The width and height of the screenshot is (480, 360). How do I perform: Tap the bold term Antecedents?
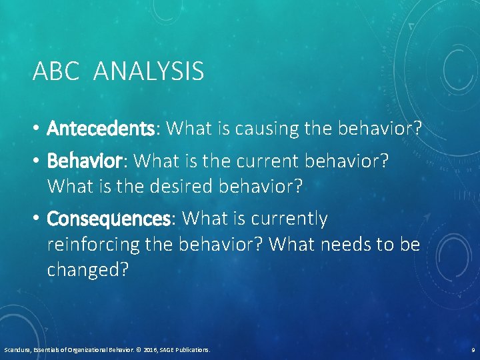(x=101, y=129)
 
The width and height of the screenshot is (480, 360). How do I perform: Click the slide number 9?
(x=472, y=349)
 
